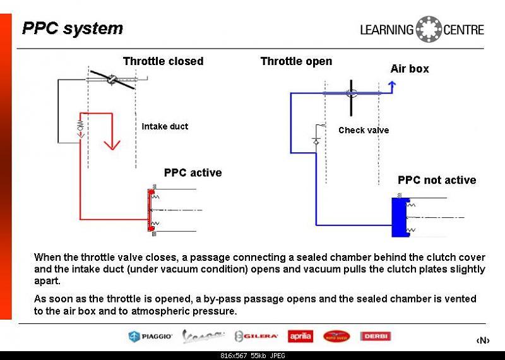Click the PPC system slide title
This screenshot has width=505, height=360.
click(72, 28)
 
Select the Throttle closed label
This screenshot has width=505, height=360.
click(163, 61)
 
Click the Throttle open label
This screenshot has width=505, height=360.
click(296, 61)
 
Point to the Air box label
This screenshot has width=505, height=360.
click(409, 69)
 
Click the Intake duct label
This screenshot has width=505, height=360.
click(165, 126)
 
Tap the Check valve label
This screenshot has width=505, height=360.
click(364, 130)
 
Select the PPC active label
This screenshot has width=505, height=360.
click(193, 172)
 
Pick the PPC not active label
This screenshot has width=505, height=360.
click(437, 180)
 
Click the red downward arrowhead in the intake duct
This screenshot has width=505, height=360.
click(112, 144)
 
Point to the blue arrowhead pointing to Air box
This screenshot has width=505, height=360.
click(392, 85)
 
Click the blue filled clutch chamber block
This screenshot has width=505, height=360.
click(399, 217)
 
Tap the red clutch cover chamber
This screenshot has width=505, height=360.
click(150, 209)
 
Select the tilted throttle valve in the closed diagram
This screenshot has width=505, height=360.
click(111, 81)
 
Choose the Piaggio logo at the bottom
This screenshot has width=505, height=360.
click(150, 337)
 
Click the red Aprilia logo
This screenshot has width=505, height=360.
click(300, 337)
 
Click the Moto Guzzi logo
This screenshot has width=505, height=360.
click(336, 337)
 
